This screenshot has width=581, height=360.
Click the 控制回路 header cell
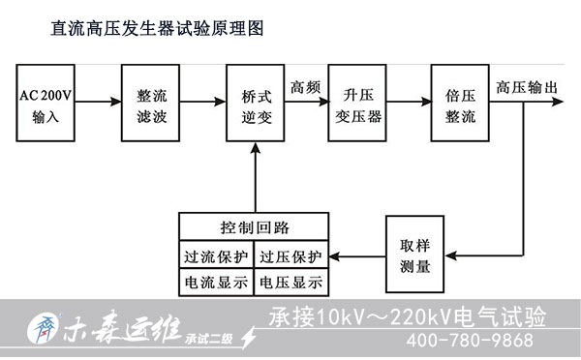tap(255, 228)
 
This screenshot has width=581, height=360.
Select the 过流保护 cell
tap(216, 257)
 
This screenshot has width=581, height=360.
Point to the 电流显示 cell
tap(216, 283)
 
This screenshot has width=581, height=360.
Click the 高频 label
tap(307, 85)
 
